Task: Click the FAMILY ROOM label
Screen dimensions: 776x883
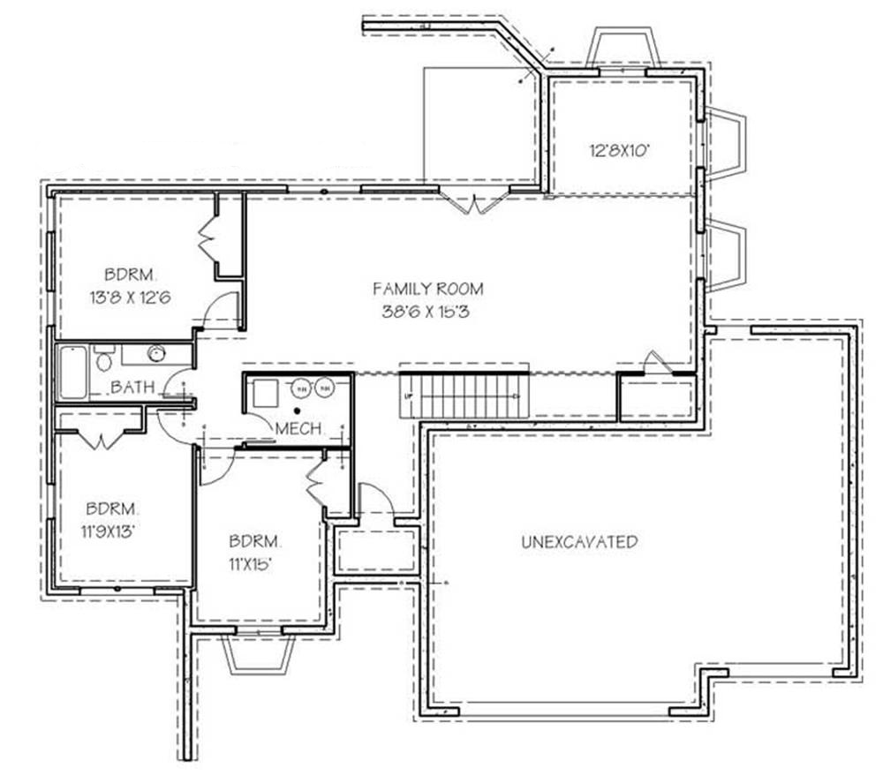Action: tap(427, 288)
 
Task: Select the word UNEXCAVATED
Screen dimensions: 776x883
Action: tap(579, 542)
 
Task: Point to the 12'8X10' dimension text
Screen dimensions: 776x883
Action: tap(620, 150)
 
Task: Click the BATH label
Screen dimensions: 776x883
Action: tap(133, 387)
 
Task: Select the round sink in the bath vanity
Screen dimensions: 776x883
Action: tap(156, 355)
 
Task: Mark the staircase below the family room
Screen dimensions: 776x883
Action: tap(464, 396)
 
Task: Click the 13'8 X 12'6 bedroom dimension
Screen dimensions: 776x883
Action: tap(129, 298)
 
